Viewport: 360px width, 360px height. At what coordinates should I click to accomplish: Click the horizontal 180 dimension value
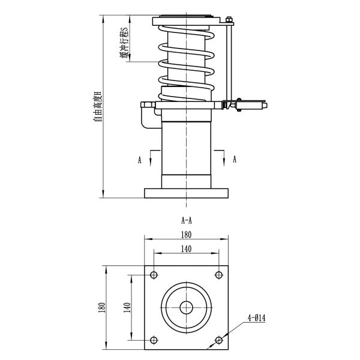(186, 235)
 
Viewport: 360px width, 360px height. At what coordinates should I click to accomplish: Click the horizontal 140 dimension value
(186, 248)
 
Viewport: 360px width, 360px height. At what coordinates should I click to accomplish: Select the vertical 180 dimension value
(103, 307)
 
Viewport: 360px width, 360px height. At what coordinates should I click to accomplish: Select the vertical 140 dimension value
(127, 307)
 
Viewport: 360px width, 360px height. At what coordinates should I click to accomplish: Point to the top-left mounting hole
(154, 275)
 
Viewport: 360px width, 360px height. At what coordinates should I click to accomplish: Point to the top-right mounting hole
(218, 275)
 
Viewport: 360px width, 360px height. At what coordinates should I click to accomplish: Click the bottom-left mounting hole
(154, 340)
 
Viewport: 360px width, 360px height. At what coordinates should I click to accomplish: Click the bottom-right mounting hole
(218, 340)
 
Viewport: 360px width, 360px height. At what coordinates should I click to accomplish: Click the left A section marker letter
(140, 160)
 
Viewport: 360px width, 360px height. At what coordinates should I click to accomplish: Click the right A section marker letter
(235, 160)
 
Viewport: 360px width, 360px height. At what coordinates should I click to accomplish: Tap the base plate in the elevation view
(186, 193)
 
